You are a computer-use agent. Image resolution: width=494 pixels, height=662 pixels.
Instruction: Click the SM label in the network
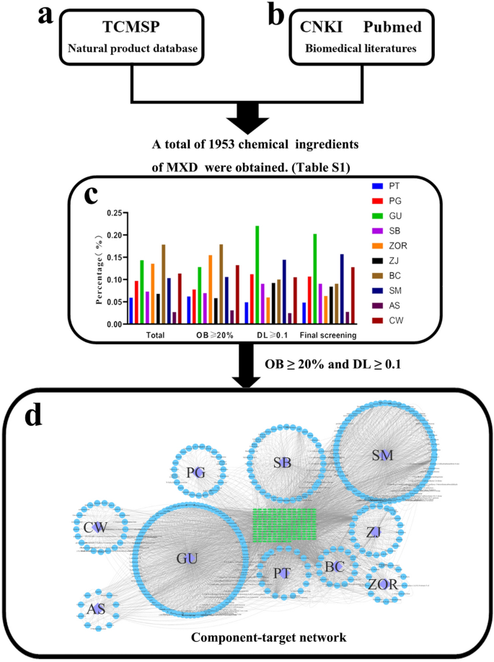(383, 455)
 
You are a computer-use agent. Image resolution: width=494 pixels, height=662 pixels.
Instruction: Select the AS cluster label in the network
(96, 609)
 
